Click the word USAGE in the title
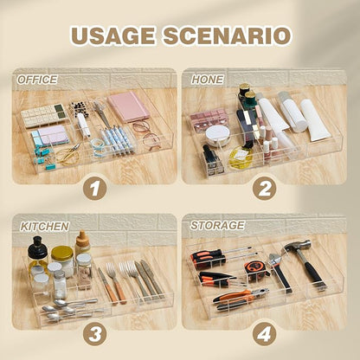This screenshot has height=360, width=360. pyautogui.click(x=113, y=35)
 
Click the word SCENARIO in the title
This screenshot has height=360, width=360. pyautogui.click(x=227, y=35)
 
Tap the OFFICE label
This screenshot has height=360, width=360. pyautogui.click(x=37, y=80)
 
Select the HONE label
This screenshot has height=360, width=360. pyautogui.click(x=207, y=80)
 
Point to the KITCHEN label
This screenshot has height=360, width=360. pyautogui.click(x=45, y=227)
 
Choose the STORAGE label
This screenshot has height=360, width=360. pyautogui.click(x=217, y=225)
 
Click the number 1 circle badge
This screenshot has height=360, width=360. pyautogui.click(x=95, y=189)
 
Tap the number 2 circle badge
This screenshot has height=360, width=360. pyautogui.click(x=264, y=189)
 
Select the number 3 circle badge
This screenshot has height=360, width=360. pyautogui.click(x=95, y=335)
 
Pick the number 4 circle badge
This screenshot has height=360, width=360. pyautogui.click(x=264, y=335)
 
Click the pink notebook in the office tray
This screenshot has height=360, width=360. pyautogui.click(x=128, y=106)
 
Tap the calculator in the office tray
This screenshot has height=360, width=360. pyautogui.click(x=44, y=115)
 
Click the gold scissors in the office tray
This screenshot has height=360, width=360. pyautogui.click(x=68, y=153)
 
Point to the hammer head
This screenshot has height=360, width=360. pyautogui.click(x=297, y=246)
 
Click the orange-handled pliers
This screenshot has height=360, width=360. pyautogui.click(x=241, y=297)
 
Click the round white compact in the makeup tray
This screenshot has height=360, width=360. pyautogui.click(x=218, y=134)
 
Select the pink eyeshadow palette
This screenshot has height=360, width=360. pyautogui.click(x=209, y=119)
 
